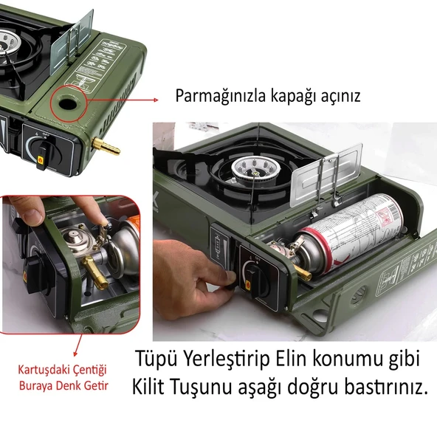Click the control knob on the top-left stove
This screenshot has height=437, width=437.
point(43,151)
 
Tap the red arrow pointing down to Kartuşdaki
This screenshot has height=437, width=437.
point(78,345)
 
